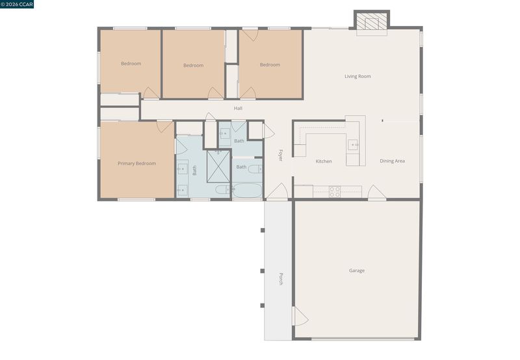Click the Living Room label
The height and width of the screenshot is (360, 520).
(x=357, y=76)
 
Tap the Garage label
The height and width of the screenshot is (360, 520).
(x=356, y=270)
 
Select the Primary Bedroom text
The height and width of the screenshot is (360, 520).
(x=136, y=163)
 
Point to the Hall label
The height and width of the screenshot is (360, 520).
(x=238, y=109)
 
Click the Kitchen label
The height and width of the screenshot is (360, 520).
(x=324, y=161)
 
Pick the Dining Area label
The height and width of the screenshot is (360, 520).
(x=393, y=161)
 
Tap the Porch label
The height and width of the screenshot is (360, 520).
(x=281, y=279)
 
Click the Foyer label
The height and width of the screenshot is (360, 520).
(x=281, y=155)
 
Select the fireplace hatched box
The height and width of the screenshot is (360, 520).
(x=372, y=21)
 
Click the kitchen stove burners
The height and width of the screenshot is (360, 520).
(x=335, y=192)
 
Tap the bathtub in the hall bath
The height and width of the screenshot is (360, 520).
(x=248, y=190)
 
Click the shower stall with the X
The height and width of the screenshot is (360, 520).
(x=218, y=167)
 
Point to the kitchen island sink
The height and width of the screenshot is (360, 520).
(x=352, y=145)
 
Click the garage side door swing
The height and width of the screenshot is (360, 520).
(x=300, y=316)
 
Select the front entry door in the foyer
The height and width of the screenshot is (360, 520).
(x=278, y=192)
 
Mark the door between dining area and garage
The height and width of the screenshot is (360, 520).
(x=377, y=192)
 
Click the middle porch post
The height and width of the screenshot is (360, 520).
(x=263, y=271)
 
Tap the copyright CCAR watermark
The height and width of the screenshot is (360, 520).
(x=17, y=5)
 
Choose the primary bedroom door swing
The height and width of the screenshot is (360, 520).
(x=165, y=126)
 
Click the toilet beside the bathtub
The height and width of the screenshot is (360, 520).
(x=255, y=169)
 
